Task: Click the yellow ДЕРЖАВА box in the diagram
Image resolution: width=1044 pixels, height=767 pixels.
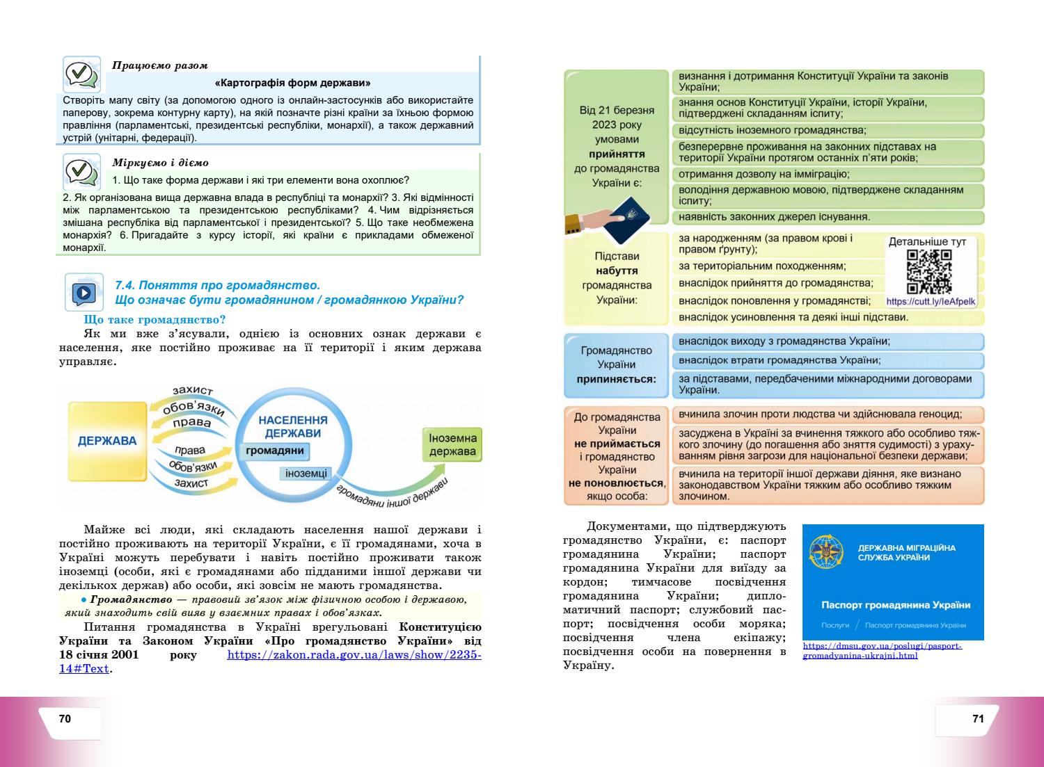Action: point(107,441)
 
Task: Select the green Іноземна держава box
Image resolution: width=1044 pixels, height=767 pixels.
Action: point(452,444)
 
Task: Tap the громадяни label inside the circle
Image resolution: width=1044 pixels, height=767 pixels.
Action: point(275,451)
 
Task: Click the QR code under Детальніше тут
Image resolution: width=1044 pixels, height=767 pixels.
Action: point(929,272)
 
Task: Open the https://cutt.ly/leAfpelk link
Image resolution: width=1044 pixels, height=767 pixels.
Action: point(931,302)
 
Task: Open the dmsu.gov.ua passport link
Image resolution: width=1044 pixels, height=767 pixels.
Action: point(882,651)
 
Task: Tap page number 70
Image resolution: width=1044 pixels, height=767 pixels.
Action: point(65,719)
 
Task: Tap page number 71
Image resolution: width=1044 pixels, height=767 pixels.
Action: point(978,719)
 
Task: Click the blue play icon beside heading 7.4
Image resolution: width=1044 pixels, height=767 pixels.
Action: point(84,292)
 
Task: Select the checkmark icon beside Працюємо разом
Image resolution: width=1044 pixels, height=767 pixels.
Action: point(80,74)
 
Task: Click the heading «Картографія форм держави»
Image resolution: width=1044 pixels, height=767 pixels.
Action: point(292,82)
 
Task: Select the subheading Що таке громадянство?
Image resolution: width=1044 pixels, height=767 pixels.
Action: point(155,320)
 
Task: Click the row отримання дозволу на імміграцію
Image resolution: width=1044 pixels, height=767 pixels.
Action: point(764,174)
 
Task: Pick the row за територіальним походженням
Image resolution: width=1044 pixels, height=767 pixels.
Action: point(762,266)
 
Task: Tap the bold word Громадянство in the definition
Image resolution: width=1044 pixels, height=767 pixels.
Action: point(131,599)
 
